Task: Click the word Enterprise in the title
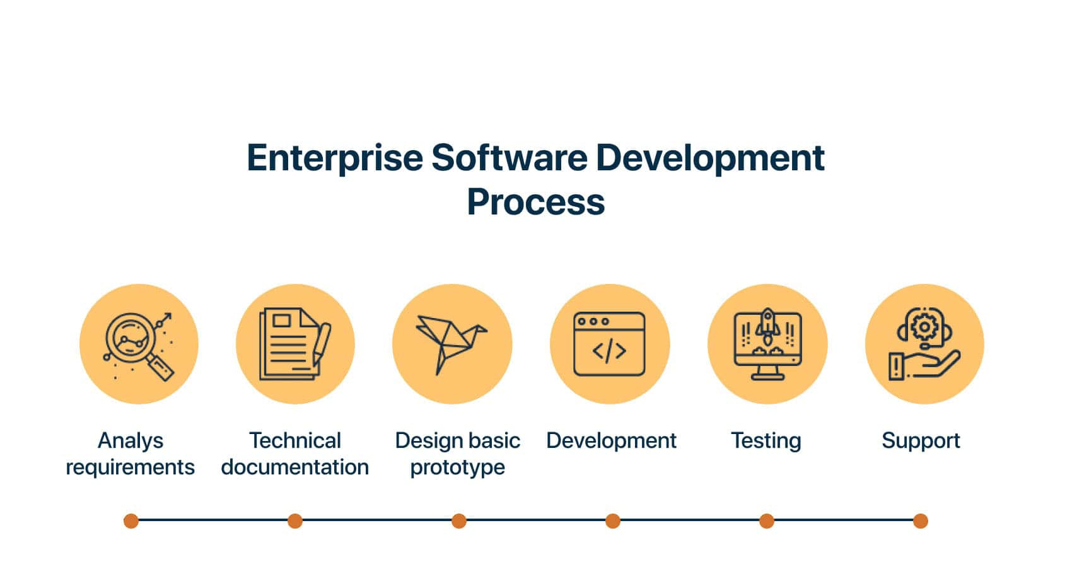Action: (x=334, y=158)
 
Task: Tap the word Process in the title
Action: (x=535, y=202)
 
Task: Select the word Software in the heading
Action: (x=509, y=157)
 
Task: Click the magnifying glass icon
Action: (x=139, y=344)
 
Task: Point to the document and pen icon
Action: (x=295, y=344)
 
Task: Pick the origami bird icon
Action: (x=452, y=344)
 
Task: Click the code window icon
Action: (x=609, y=344)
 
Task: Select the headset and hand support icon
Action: (x=924, y=344)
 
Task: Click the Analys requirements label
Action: (x=130, y=454)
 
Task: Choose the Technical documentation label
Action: (x=294, y=454)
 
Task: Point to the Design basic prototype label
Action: (x=457, y=454)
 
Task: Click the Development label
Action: (x=611, y=440)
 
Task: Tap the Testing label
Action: (x=766, y=440)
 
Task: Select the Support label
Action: (x=921, y=440)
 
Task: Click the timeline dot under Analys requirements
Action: (x=131, y=521)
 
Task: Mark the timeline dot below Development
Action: (x=612, y=521)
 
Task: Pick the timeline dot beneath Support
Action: (x=920, y=521)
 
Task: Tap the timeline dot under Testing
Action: (x=767, y=521)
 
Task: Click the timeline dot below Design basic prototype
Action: (x=459, y=521)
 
